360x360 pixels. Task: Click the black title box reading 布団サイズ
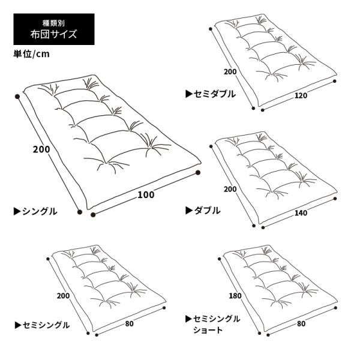[x=54, y=29]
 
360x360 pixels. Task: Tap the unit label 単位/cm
[x=31, y=54]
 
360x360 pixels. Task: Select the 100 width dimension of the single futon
[x=146, y=194]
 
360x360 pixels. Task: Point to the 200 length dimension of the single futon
[x=41, y=149]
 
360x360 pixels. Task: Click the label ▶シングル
[x=35, y=211]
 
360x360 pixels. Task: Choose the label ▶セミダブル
[x=211, y=94]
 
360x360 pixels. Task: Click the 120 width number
[x=301, y=95]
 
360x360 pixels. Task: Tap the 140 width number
[x=301, y=213]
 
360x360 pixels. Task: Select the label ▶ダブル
[x=203, y=211]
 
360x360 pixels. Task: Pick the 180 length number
[x=235, y=296]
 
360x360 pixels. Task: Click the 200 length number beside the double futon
[x=230, y=189]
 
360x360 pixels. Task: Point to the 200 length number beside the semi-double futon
[x=230, y=72]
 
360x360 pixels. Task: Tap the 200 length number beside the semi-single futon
[x=64, y=296]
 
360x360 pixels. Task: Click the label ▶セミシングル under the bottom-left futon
[x=42, y=325]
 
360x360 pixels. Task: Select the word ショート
[x=208, y=330]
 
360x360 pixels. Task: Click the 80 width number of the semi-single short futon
[x=301, y=324]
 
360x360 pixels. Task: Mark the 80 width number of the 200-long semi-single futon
[x=129, y=324]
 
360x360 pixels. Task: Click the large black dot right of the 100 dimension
[x=198, y=173]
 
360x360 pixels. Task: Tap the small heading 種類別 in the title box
[x=54, y=23]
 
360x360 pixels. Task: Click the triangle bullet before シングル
[x=17, y=211]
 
